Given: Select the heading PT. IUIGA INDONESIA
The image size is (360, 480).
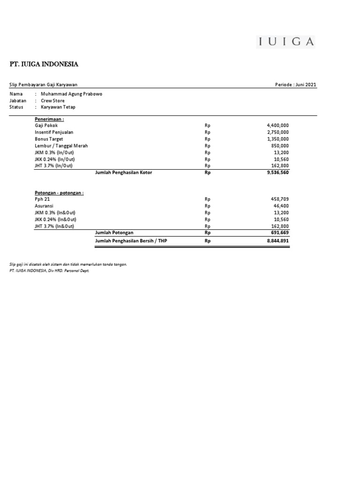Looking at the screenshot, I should click(x=45, y=64).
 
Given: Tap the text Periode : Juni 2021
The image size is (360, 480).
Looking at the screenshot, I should click(x=296, y=85).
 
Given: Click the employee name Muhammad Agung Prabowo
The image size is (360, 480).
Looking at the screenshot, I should click(x=72, y=94).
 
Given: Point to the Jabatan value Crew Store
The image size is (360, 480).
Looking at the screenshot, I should click(x=53, y=100).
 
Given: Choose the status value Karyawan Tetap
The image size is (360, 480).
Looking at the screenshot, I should click(x=58, y=107).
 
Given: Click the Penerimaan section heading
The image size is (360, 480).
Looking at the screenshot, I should click(x=49, y=119).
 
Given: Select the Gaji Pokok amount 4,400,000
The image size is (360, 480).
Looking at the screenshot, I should click(x=277, y=126).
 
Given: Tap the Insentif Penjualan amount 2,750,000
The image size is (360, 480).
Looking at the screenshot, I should click(x=277, y=132).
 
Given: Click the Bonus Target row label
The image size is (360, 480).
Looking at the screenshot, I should click(x=49, y=139).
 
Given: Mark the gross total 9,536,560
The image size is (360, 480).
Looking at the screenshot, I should click(x=277, y=172).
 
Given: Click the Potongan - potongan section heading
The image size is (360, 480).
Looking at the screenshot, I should click(x=59, y=193).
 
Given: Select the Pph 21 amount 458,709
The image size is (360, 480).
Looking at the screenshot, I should click(x=280, y=199).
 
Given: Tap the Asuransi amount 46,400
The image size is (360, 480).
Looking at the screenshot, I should click(x=281, y=206).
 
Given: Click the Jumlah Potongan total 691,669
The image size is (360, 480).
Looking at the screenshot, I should click(x=280, y=232).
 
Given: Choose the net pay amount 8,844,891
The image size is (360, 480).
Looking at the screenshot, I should click(x=277, y=241).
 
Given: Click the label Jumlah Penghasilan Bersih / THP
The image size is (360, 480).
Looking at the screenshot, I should click(x=131, y=241).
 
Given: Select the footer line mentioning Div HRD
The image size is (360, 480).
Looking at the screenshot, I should click(x=49, y=270).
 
